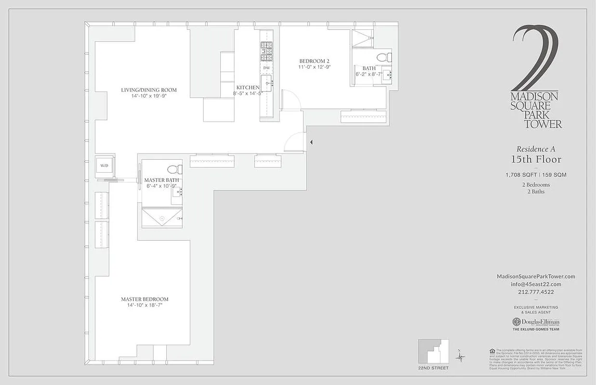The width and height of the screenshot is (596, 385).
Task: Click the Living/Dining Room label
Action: (148, 90)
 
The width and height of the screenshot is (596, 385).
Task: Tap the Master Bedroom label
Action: (145, 299)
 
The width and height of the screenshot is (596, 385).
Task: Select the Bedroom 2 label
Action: (314, 61)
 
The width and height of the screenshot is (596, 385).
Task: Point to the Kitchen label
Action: (248, 87)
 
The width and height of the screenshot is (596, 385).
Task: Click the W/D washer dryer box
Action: (105, 166)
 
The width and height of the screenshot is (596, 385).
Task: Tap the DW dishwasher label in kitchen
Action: (266, 68)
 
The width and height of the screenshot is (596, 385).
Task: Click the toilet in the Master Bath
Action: (174, 169)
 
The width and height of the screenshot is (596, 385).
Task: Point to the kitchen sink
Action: (266, 83)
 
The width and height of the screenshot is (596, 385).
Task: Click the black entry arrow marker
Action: (311, 142)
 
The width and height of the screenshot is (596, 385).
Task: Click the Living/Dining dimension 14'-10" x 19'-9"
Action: (148, 96)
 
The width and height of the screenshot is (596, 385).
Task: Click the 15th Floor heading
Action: (536, 159)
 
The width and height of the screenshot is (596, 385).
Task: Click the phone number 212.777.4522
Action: (536, 292)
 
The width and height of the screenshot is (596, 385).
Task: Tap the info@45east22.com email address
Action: (536, 284)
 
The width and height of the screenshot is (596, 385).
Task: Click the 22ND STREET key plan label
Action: (433, 368)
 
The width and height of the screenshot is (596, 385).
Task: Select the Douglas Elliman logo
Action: (536, 322)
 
